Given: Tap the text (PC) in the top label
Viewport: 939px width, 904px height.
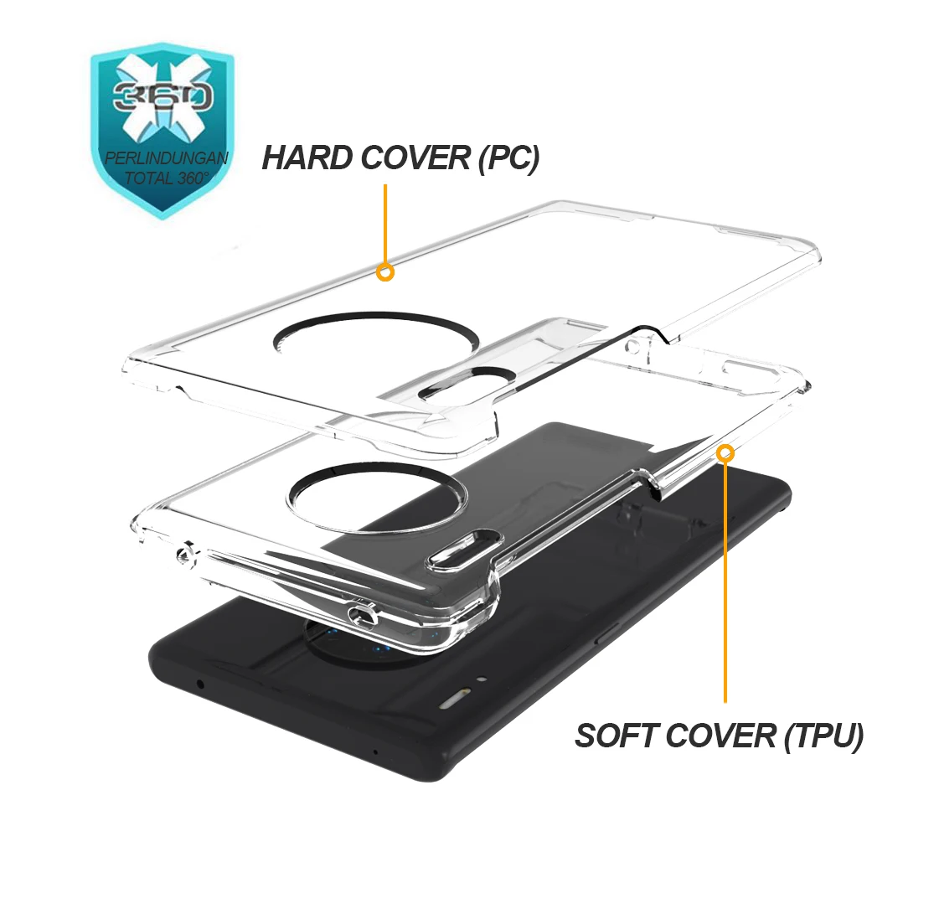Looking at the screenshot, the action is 508,158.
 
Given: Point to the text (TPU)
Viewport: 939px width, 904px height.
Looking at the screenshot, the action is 823,736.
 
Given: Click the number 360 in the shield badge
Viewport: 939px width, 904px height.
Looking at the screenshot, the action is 163,96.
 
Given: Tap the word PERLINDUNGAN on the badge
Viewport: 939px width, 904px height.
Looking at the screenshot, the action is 166,158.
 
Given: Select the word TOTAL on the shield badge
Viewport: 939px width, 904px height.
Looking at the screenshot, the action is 150,178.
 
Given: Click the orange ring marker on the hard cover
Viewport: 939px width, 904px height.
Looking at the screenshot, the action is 385,272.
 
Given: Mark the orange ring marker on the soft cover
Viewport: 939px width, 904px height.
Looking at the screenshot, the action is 725,453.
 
